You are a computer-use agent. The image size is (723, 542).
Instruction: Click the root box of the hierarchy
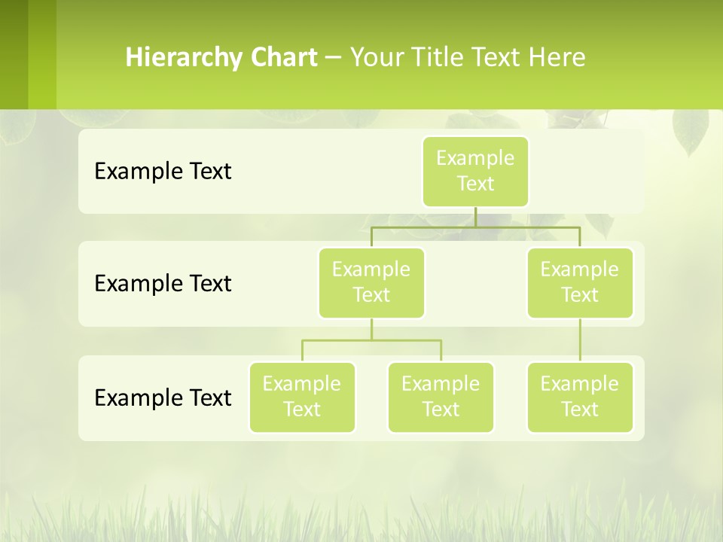tap(475, 171)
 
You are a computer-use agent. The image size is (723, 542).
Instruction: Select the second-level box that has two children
tap(371, 282)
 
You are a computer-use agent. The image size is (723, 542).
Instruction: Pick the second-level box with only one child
tap(580, 282)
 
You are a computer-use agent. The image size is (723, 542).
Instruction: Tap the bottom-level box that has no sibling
tap(580, 397)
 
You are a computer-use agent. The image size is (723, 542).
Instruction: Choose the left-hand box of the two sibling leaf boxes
tap(302, 397)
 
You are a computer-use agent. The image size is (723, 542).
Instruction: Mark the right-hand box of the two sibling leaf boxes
tap(441, 397)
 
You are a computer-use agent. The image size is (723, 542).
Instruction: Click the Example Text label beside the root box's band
tap(163, 172)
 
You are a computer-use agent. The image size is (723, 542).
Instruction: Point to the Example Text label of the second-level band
tap(163, 284)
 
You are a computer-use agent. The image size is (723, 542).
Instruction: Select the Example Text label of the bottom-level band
tap(163, 397)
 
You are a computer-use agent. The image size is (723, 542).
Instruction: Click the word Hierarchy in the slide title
tap(183, 58)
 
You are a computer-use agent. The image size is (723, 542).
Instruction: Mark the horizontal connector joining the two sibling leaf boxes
tap(371, 340)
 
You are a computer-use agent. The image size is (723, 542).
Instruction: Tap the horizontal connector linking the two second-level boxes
tap(475, 227)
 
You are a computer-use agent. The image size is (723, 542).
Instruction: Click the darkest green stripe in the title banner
tap(14, 54)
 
